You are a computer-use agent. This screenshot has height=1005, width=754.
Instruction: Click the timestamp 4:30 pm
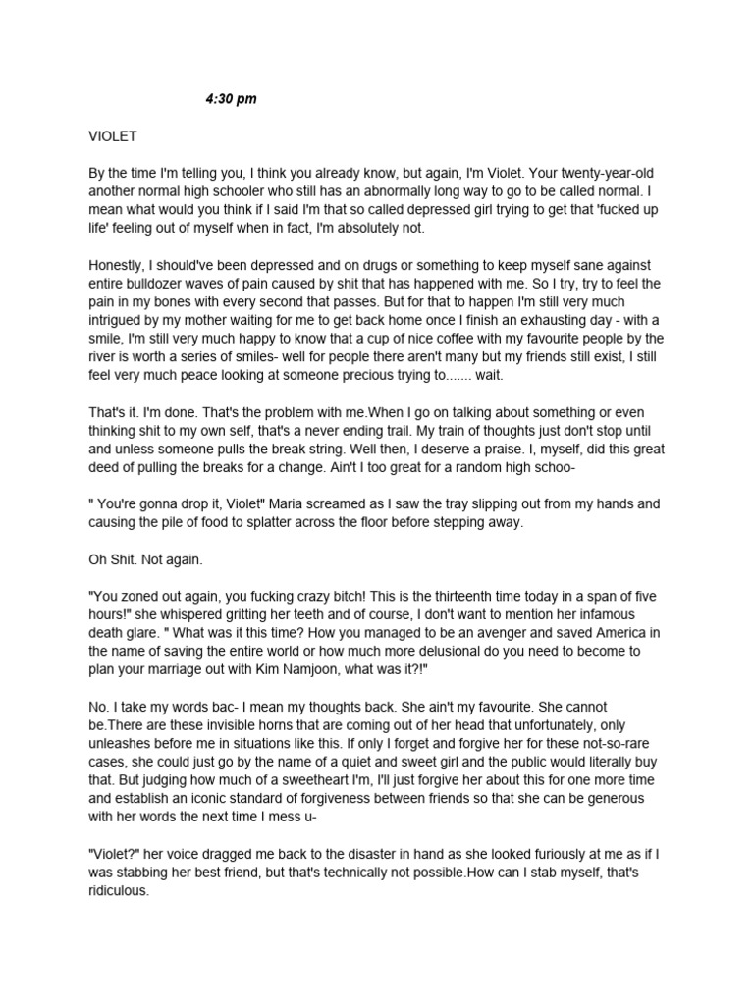(x=231, y=99)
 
